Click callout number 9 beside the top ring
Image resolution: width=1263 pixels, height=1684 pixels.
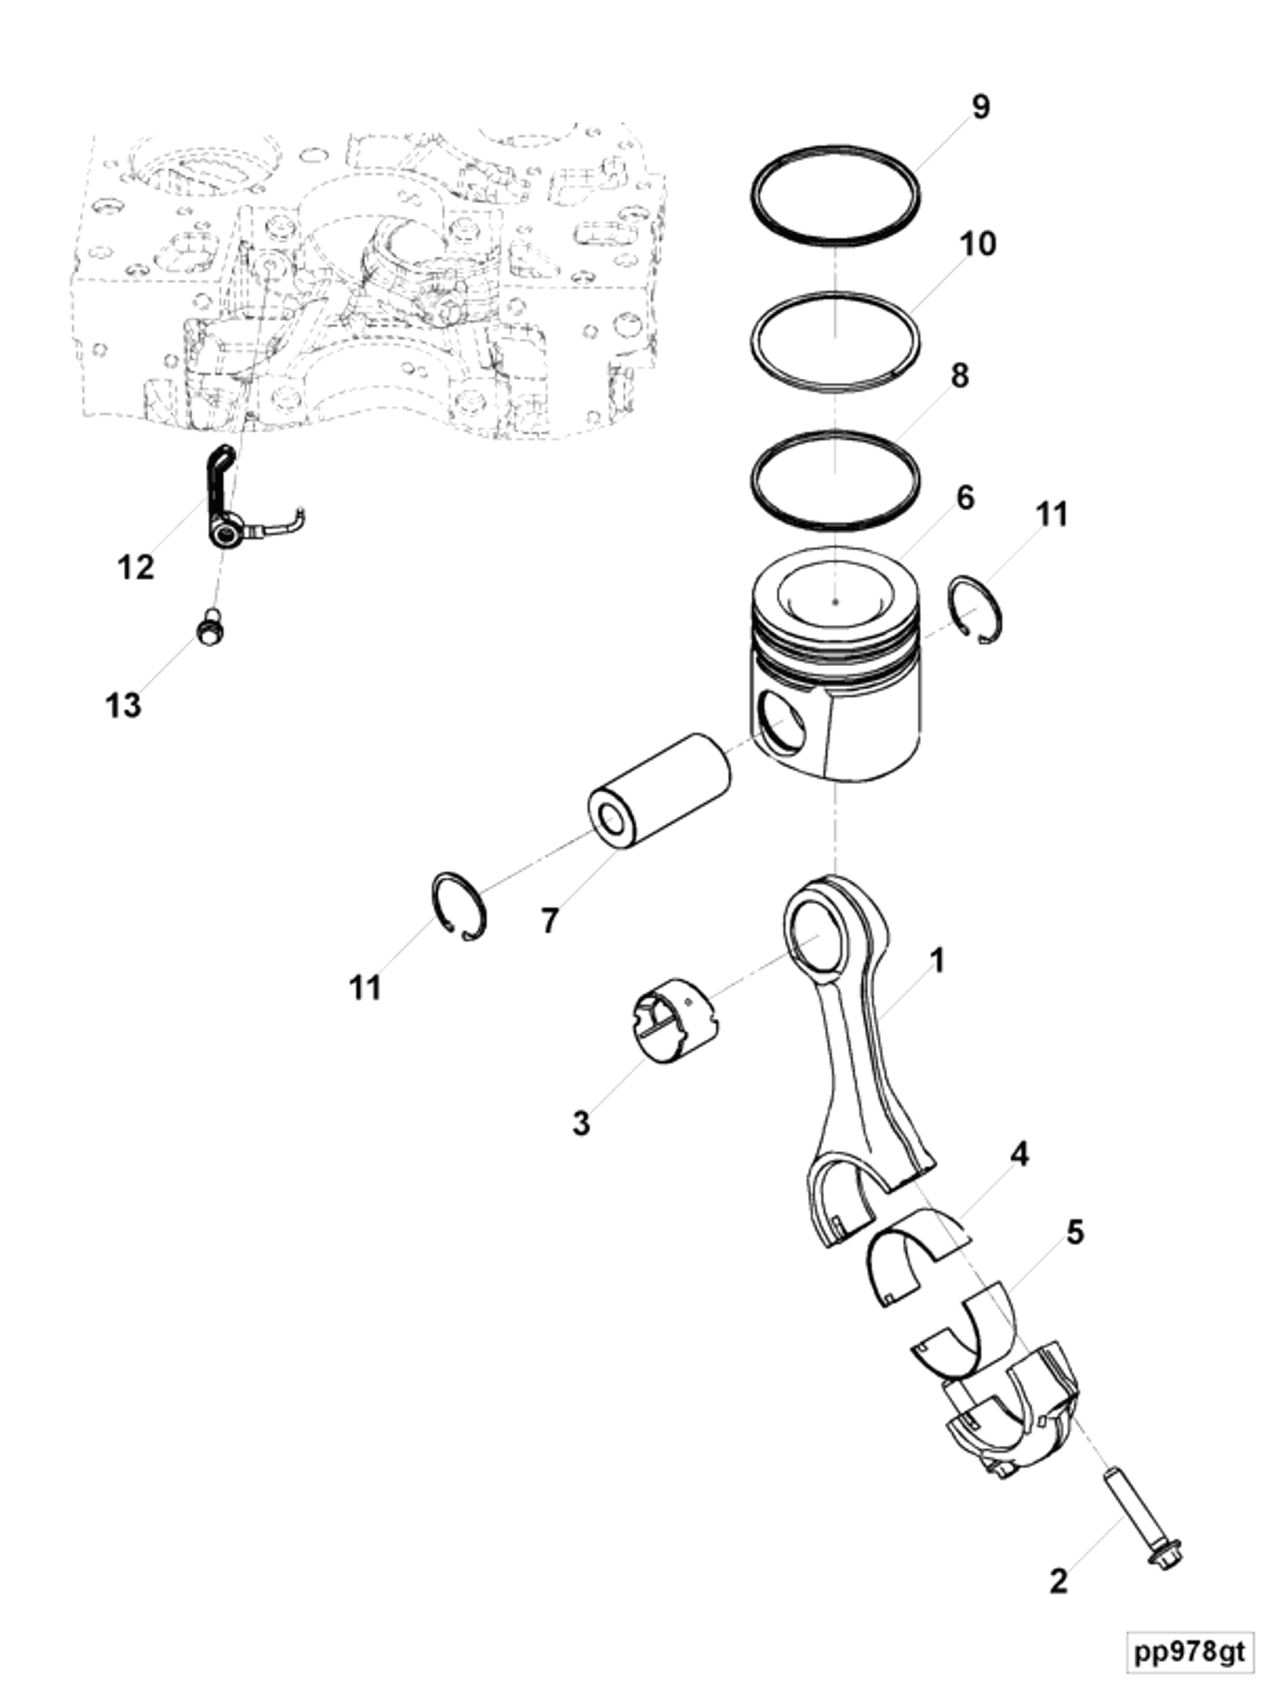point(980,107)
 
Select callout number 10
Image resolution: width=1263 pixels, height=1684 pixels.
point(977,244)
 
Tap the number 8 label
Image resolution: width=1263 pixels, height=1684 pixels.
point(960,375)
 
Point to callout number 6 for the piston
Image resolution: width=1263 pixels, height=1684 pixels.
point(965,498)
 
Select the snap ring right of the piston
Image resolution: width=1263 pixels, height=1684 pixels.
point(978,610)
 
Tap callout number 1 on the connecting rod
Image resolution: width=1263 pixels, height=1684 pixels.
point(938,960)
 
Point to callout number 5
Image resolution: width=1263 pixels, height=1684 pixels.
point(1074,1231)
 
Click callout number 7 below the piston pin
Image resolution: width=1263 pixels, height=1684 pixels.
point(550,920)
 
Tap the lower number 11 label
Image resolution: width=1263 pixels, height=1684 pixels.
point(365,988)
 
